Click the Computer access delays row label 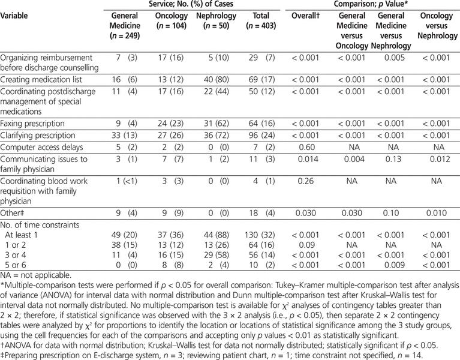tap(40, 147)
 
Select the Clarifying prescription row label tap(38, 136)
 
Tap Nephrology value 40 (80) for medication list tap(215, 79)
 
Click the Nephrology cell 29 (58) tap(215, 254)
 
